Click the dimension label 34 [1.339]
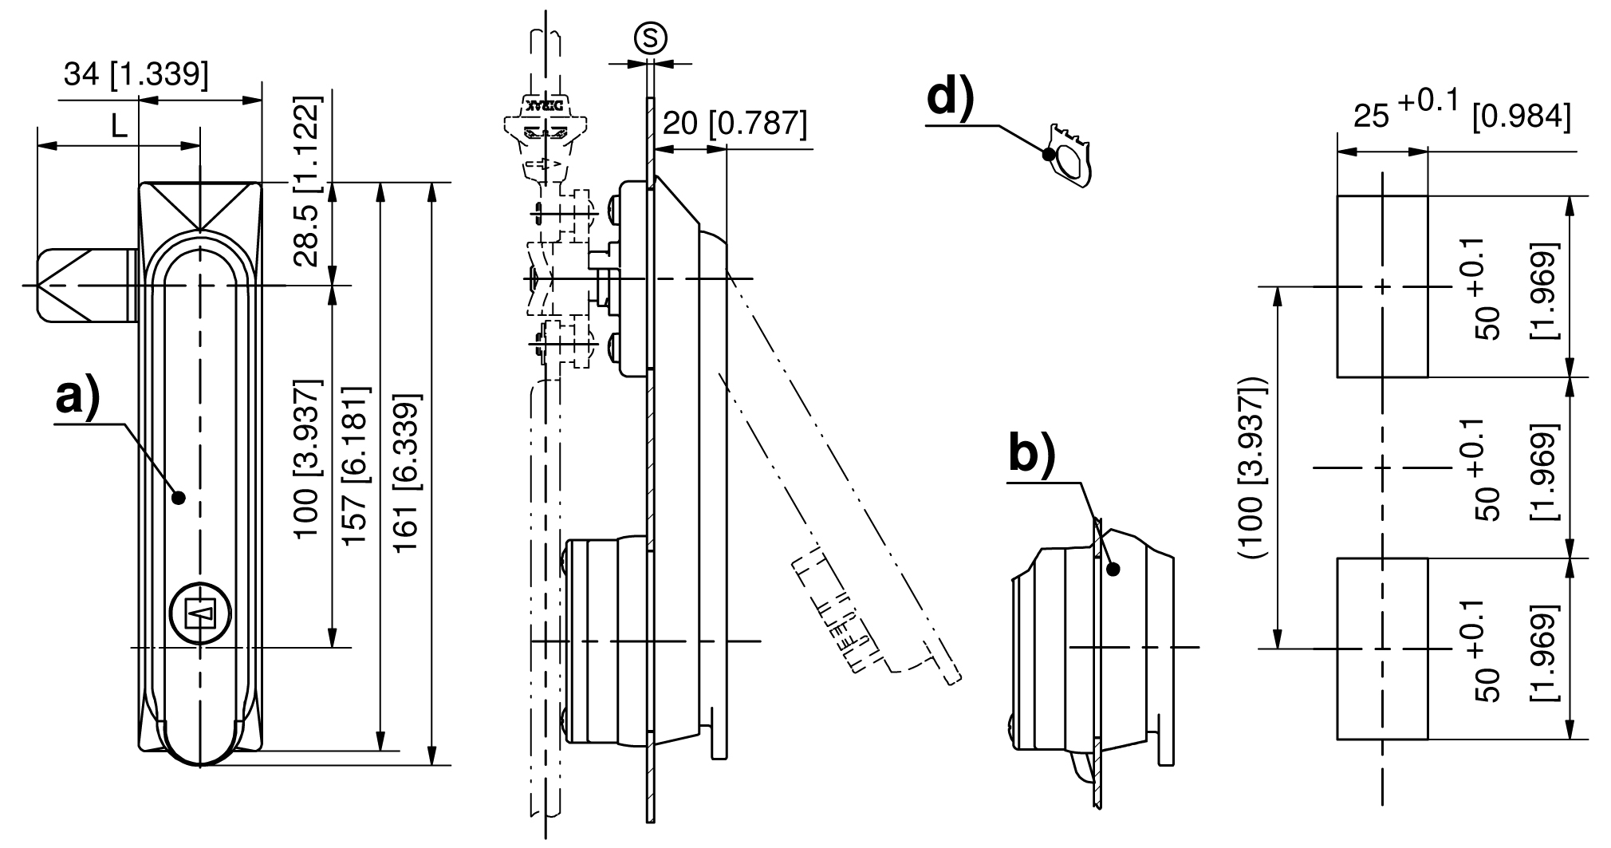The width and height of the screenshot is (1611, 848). tap(136, 75)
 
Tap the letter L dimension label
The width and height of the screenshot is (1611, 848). tap(119, 126)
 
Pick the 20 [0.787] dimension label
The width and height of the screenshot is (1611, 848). tap(735, 124)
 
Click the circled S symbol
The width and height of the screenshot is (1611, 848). tap(650, 38)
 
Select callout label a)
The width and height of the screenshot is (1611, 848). tap(77, 397)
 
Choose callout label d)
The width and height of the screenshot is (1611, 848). tap(951, 100)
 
